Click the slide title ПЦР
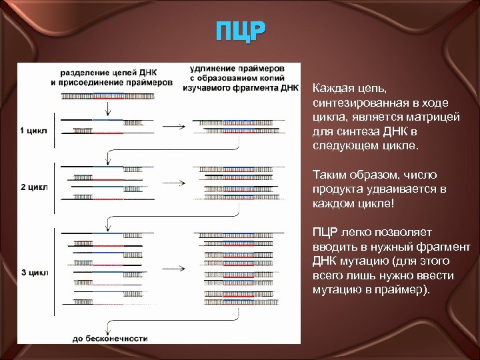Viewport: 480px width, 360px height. (240, 31)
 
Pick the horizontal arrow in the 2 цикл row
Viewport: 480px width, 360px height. (174, 183)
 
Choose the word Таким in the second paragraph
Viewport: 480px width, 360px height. (327, 175)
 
